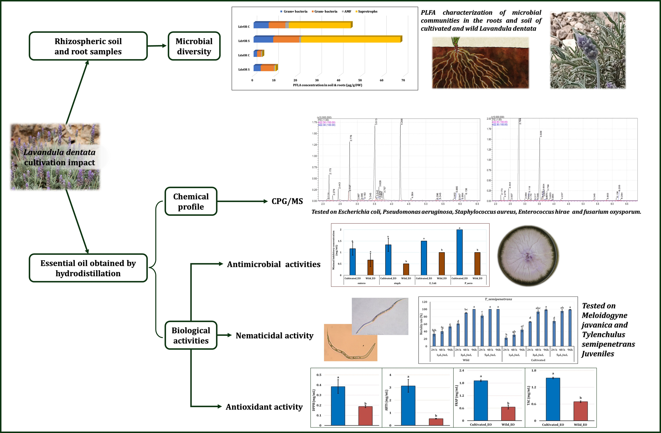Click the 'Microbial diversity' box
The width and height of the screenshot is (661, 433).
pos(194,46)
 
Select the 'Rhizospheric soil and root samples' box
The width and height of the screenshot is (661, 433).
pos(88,46)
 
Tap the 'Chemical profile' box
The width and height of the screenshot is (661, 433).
pos(191,201)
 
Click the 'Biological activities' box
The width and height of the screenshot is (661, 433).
pos(191,335)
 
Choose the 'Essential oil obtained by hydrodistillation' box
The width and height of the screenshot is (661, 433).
pos(88,268)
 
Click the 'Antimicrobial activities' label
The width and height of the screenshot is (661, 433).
pos(274,264)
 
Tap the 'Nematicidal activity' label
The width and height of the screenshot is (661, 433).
pos(274,335)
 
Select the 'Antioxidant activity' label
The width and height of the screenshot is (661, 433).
pos(264,407)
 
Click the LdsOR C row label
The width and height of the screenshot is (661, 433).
pos(244,55)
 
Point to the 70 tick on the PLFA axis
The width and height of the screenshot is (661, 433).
pos(403,80)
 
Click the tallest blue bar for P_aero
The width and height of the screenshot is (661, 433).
pos(459,252)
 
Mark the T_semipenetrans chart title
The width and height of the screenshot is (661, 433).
pos(498,299)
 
